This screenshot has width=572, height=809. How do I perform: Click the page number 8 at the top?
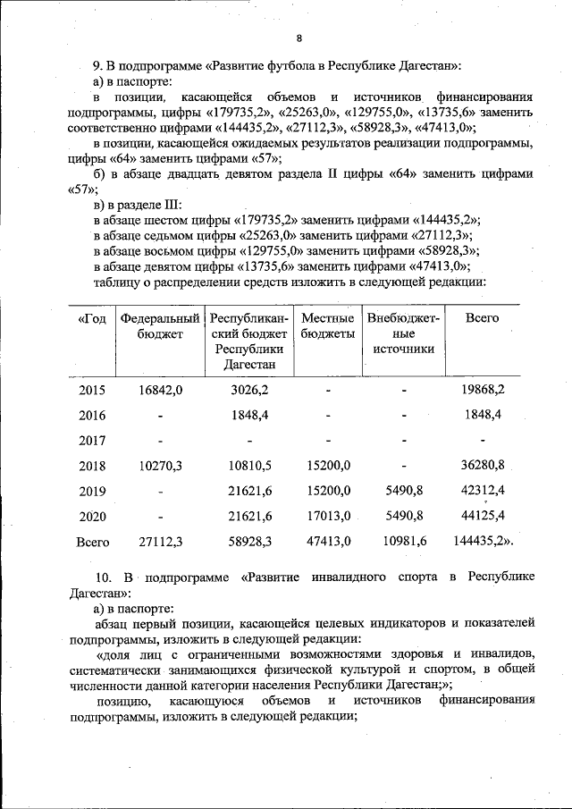click(299, 38)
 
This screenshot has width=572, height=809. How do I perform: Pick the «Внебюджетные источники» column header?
click(403, 334)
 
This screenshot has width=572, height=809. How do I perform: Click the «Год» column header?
click(92, 319)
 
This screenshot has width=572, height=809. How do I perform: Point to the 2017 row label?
click(92, 441)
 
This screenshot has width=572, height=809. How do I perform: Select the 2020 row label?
click(92, 517)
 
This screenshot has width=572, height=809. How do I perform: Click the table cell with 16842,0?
click(161, 390)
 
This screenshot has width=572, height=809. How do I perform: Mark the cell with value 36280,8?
click(483, 466)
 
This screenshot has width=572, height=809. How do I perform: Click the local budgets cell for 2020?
click(328, 517)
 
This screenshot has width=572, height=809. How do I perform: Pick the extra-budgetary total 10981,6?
click(404, 542)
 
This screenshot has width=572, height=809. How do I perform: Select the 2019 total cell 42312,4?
click(483, 491)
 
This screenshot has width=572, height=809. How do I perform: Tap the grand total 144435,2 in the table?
click(483, 542)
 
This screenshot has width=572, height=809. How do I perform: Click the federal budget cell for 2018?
click(161, 466)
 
